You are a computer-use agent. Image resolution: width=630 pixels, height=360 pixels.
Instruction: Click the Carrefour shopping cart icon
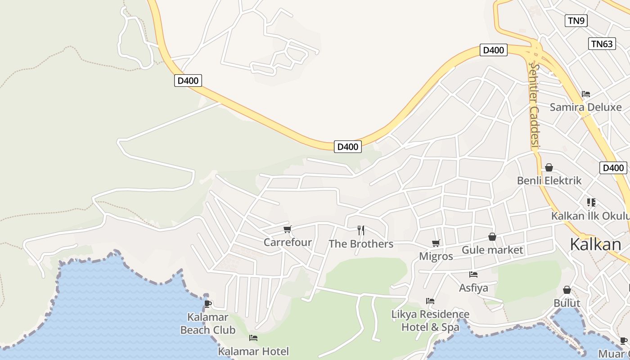pos(288,229)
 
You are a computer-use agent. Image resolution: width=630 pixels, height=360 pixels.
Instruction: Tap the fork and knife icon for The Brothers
pos(361,230)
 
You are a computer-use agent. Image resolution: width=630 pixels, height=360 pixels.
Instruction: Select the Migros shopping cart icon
pos(436,243)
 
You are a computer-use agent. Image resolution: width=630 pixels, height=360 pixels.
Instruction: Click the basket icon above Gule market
pos(492,237)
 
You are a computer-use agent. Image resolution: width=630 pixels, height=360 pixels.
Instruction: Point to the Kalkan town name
pos(595,244)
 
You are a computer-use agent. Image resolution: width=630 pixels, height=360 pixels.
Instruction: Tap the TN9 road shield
pos(576,20)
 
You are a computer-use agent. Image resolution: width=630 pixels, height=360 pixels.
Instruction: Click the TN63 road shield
pos(602,44)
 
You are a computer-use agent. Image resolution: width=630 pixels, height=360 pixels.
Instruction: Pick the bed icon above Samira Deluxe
pos(585,94)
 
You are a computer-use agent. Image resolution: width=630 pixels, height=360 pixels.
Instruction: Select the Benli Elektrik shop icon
pos(549,167)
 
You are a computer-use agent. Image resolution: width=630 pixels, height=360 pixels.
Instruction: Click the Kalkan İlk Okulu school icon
pos(591,202)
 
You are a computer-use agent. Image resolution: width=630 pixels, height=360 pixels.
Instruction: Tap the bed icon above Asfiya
pos(473,274)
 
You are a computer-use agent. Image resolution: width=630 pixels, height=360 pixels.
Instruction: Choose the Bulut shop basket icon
pos(567,290)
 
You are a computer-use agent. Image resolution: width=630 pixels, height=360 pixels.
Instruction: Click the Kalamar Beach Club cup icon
pos(208,304)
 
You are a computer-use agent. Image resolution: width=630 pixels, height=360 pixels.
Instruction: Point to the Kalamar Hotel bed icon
pos(253,337)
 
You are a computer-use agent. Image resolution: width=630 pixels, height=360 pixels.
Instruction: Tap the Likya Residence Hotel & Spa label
pos(430,320)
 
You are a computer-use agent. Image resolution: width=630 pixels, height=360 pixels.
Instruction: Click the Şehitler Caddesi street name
pos(534,105)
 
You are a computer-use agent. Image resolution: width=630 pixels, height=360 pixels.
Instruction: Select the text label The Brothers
pos(361,244)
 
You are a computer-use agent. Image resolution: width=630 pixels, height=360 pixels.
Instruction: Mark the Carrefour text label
pos(288,243)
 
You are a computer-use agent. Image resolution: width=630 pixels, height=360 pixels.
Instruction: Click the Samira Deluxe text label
pos(585,107)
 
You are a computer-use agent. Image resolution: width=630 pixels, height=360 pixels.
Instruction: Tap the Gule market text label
pos(492,250)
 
